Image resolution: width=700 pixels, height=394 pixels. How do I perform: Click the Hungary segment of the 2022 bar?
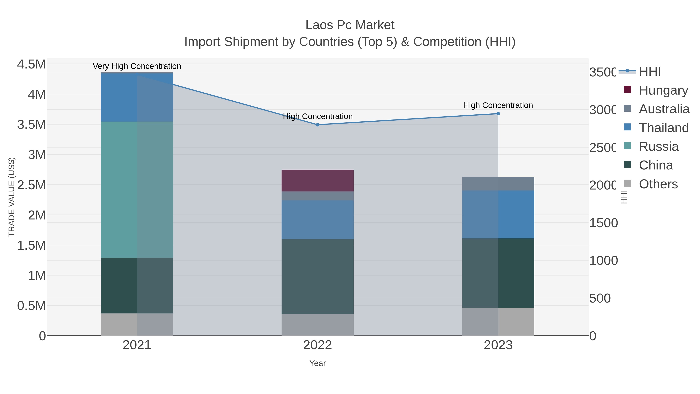tap(317, 181)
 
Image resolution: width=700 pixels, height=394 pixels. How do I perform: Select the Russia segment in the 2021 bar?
tap(137, 190)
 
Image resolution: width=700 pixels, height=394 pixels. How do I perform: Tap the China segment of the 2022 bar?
tap(317, 276)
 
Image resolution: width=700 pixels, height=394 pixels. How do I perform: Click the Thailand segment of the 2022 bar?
tap(317, 220)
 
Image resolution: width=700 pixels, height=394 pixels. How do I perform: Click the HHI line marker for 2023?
tap(498, 114)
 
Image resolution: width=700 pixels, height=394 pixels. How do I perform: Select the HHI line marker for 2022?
tap(317, 125)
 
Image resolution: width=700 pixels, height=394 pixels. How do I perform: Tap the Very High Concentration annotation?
tap(137, 66)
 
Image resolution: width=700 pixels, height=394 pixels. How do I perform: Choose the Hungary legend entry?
tap(663, 90)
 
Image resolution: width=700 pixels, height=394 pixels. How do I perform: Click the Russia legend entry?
tap(658, 147)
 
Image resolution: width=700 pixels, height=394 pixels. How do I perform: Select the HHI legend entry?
tap(649, 72)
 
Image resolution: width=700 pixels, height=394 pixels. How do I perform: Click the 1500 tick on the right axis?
tap(603, 223)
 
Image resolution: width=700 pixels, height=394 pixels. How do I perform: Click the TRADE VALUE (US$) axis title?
tap(11, 197)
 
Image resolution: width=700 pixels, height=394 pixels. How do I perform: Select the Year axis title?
tap(317, 363)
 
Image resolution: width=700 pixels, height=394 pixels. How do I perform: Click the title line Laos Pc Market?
tap(350, 25)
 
